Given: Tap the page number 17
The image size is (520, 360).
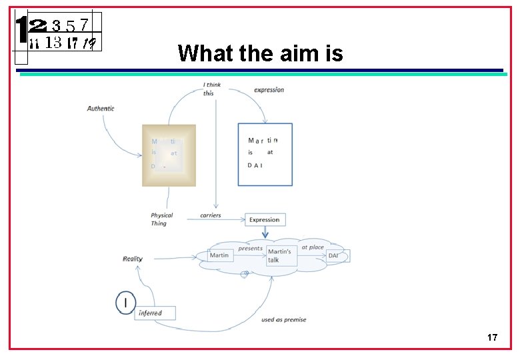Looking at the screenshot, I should (x=492, y=338).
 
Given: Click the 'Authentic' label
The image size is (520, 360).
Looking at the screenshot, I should (x=101, y=108).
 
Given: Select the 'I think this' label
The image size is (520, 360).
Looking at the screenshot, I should (x=212, y=89).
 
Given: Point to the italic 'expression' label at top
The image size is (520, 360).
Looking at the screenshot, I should (x=269, y=90).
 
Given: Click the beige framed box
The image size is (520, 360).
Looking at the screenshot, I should (x=169, y=155).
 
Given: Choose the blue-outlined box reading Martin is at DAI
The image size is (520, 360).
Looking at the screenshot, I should (x=265, y=154).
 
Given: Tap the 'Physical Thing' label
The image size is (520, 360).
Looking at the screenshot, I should (x=161, y=219).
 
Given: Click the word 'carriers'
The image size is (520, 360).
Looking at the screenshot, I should (x=211, y=215).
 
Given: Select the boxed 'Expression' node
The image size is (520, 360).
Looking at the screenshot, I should (x=265, y=219).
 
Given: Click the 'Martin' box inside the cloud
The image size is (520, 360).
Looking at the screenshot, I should (x=219, y=255).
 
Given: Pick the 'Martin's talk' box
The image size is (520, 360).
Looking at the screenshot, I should (x=281, y=255).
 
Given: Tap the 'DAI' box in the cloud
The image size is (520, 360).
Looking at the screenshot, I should (x=336, y=255).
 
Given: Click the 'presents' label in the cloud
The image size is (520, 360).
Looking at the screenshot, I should (x=251, y=248).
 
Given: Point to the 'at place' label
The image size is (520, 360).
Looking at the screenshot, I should (x=313, y=247).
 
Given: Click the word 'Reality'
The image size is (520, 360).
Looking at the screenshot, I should (x=132, y=259).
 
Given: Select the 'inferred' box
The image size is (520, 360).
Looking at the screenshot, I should (x=155, y=313).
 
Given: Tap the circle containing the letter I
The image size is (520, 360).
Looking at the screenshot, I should (x=125, y=303).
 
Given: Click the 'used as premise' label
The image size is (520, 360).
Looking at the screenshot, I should (x=284, y=320).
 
